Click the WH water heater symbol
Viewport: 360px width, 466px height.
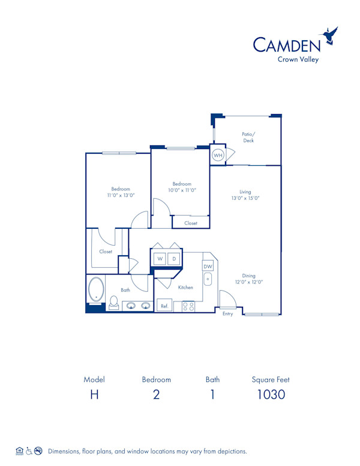(217, 155)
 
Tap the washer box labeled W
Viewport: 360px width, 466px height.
(160, 259)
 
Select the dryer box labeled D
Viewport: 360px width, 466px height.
(174, 259)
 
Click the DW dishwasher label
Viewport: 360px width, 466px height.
(208, 266)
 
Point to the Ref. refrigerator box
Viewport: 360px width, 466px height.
(164, 306)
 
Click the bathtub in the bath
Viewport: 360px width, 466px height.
(96, 289)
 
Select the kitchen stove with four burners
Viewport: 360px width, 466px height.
(188, 306)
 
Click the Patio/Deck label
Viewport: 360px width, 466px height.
(248, 137)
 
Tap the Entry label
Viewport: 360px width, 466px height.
(228, 313)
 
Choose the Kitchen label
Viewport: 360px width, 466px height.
(185, 288)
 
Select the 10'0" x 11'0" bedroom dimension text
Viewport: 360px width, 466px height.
(182, 190)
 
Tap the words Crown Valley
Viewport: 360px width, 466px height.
(298, 58)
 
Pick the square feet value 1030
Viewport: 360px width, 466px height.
(271, 395)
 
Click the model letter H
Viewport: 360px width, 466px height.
(94, 395)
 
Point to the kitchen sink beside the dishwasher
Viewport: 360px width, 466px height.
(208, 279)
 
